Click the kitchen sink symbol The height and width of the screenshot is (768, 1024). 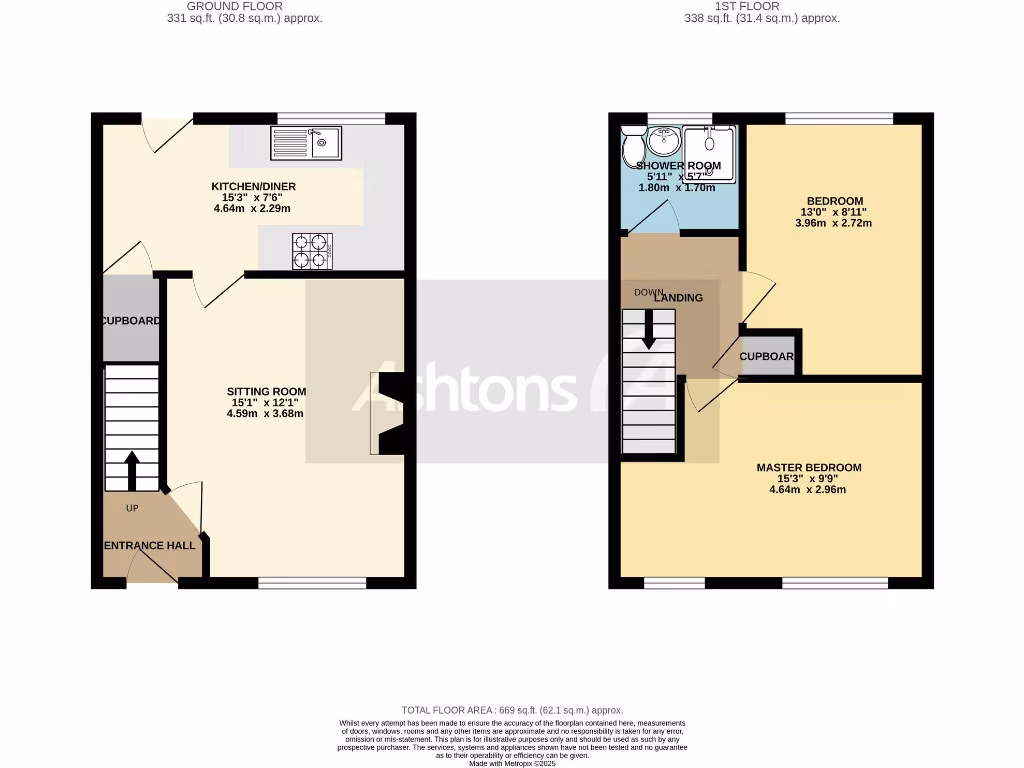(x=305, y=143)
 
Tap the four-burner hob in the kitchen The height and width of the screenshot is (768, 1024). (x=311, y=251)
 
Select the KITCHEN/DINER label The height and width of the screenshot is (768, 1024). (x=253, y=187)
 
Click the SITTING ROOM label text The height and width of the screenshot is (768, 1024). (x=266, y=392)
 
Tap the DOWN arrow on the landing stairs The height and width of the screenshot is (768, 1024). (x=649, y=329)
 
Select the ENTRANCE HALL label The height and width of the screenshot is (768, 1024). (x=150, y=546)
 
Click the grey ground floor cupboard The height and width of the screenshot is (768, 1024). (x=131, y=318)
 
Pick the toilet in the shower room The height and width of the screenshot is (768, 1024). (x=632, y=149)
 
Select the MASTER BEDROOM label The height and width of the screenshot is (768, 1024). (x=808, y=468)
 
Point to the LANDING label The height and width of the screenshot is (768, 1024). (x=678, y=298)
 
